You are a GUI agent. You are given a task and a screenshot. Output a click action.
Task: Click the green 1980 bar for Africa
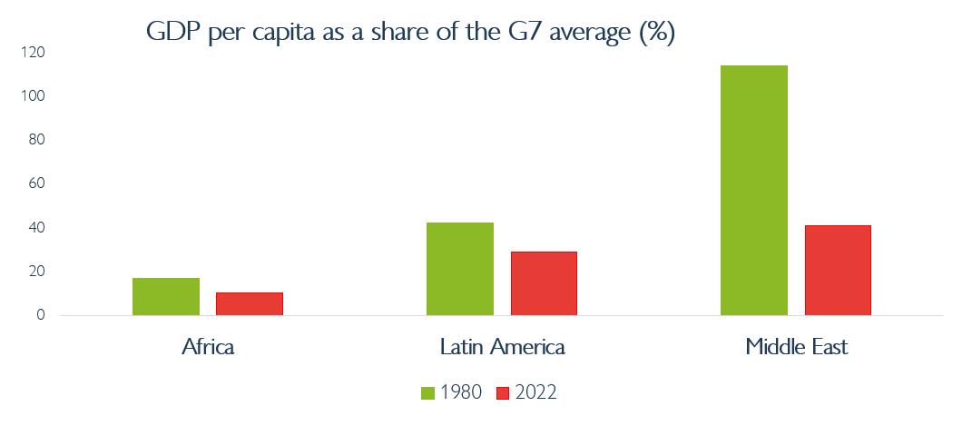tap(165, 297)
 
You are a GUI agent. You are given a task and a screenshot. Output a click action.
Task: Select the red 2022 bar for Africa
tap(250, 304)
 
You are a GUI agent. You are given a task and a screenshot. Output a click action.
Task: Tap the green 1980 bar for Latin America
tap(459, 269)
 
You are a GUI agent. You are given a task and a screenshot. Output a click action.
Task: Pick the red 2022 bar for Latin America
tap(544, 283)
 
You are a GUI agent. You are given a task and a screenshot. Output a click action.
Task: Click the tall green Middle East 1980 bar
tap(753, 191)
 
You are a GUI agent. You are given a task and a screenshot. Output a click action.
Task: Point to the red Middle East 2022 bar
tap(837, 271)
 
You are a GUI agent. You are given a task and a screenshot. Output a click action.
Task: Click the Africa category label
tap(208, 347)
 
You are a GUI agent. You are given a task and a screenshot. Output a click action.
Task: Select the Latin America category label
tap(502, 347)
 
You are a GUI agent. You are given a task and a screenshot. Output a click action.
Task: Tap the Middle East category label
tap(796, 347)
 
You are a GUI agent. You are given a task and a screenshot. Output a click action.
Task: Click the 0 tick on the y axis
tap(39, 315)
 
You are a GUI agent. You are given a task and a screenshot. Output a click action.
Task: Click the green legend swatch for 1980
tap(428, 392)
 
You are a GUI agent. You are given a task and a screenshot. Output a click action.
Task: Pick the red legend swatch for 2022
tap(504, 392)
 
